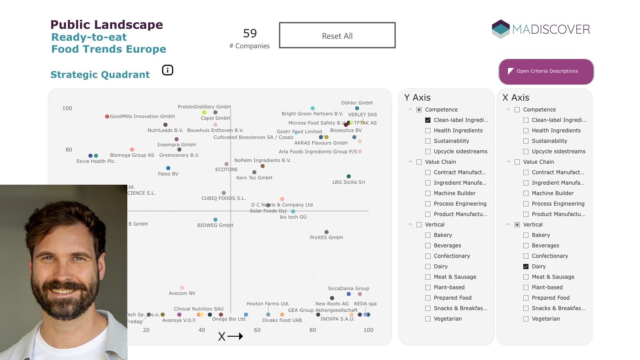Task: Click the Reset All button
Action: pos(337,35)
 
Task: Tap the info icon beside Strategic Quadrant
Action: pos(167,70)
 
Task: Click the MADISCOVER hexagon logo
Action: pos(501,29)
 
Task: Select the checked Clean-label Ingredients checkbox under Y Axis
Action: pos(428,120)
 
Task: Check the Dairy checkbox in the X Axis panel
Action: pos(526,266)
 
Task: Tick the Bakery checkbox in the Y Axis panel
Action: pos(428,235)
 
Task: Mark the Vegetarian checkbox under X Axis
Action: pos(526,319)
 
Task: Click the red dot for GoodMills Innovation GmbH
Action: pos(107,116)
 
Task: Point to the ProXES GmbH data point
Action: pos(326,232)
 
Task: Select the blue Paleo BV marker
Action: pos(168,168)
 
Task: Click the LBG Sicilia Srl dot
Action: pos(348,176)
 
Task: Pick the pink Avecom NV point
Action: pos(182,288)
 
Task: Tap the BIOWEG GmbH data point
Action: pos(215,220)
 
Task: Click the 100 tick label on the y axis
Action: pos(67,108)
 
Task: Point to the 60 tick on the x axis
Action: pos(257,330)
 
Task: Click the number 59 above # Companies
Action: pos(250,33)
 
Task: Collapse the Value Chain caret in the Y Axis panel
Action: pos(410,162)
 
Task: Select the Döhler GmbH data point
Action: pos(357,108)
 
